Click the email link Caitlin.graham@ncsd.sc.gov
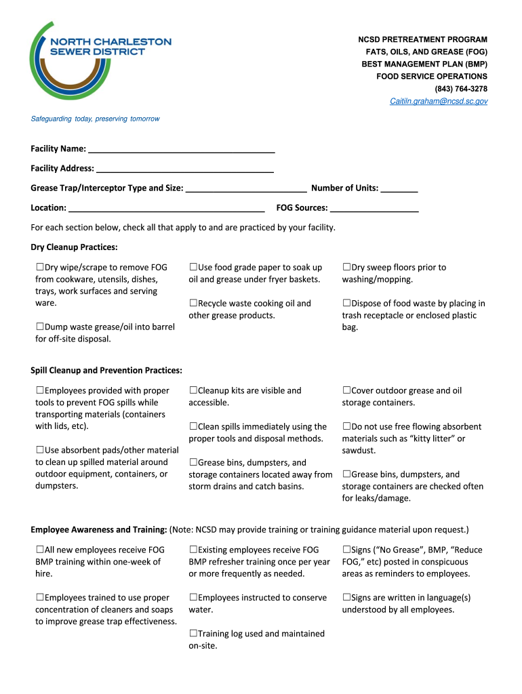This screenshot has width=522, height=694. pyautogui.click(x=438, y=101)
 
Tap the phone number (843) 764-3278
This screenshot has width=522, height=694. pyautogui.click(x=461, y=89)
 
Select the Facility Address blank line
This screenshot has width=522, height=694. pyautogui.click(x=185, y=169)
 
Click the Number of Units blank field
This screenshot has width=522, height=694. pyautogui.click(x=399, y=188)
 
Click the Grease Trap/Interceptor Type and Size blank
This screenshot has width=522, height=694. pyautogui.click(x=246, y=188)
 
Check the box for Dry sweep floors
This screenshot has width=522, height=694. pyautogui.click(x=346, y=268)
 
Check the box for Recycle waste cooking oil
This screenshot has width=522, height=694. pyautogui.click(x=193, y=304)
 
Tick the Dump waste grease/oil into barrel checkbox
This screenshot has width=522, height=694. pyautogui.click(x=40, y=327)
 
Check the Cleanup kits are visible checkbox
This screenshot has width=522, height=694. pyautogui.click(x=193, y=391)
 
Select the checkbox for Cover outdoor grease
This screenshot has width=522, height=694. pyautogui.click(x=346, y=391)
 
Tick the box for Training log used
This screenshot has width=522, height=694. pyautogui.click(x=193, y=634)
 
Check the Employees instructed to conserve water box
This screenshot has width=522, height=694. pyautogui.click(x=193, y=598)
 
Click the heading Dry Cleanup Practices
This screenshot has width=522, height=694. pyautogui.click(x=74, y=247)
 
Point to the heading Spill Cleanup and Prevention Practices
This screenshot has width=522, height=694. pyautogui.click(x=106, y=370)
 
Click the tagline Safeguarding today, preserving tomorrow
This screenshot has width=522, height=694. pyautogui.click(x=96, y=119)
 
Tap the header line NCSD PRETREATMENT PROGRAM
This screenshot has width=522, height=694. pyautogui.click(x=422, y=40)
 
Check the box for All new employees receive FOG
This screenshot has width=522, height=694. pyautogui.click(x=40, y=550)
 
